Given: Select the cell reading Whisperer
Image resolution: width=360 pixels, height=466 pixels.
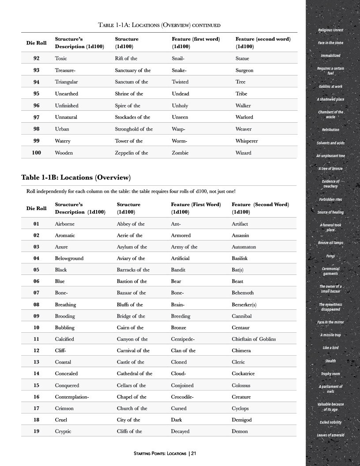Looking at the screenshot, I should pyautogui.click(x=247, y=141).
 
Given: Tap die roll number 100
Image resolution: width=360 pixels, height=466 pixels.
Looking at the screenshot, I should pyautogui.click(x=37, y=153).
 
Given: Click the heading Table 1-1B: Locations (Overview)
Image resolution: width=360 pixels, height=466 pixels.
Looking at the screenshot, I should pyautogui.click(x=76, y=177).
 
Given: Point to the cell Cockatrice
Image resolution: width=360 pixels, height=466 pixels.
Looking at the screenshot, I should pyautogui.click(x=243, y=373).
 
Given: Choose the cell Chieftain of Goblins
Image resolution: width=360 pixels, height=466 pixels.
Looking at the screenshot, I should pyautogui.click(x=254, y=339).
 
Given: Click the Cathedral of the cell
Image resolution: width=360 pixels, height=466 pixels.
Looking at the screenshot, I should pyautogui.click(x=135, y=373).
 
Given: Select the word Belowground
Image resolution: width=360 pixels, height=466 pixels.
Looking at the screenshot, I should pyautogui.click(x=69, y=258).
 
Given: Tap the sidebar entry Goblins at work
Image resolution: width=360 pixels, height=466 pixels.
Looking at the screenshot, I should pyautogui.click(x=330, y=86).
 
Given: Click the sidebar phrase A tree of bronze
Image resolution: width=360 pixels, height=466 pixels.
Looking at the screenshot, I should pyautogui.click(x=330, y=169).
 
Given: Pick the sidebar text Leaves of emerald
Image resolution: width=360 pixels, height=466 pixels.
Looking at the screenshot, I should pyautogui.click(x=330, y=435).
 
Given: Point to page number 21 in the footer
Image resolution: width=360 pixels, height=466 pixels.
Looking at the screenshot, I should pyautogui.click(x=194, y=453).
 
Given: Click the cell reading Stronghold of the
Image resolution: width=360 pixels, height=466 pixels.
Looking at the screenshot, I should pyautogui.click(x=134, y=129).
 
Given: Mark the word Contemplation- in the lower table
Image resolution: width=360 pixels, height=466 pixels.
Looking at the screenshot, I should pyautogui.click(x=72, y=397).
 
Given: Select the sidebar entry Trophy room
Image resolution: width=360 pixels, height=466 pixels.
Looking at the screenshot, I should pyautogui.click(x=330, y=374).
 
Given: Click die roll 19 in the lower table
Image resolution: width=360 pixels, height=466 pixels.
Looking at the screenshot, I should pyautogui.click(x=37, y=431).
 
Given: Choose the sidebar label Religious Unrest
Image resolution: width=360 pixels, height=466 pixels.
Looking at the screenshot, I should pyautogui.click(x=330, y=30).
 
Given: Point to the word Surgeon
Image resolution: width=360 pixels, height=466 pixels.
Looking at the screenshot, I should pyautogui.click(x=244, y=70).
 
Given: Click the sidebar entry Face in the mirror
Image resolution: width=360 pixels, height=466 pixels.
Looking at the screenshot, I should pyautogui.click(x=330, y=322).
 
